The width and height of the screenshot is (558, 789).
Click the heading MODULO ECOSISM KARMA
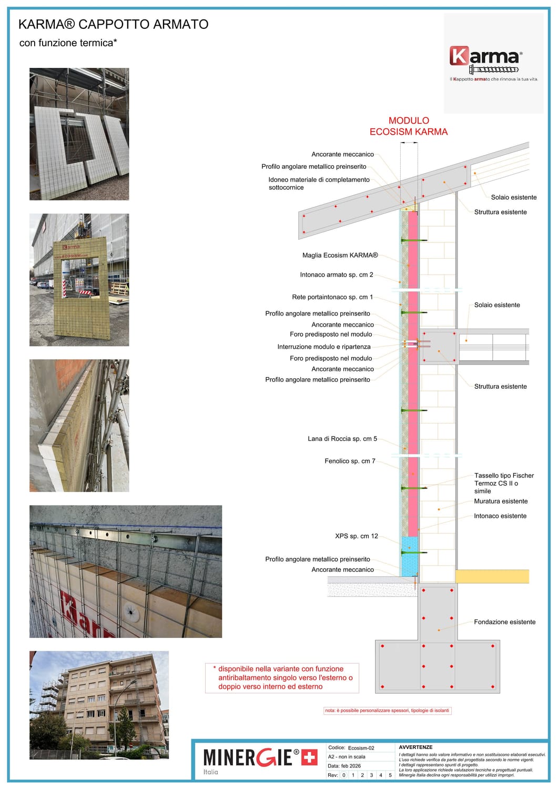coord(409,126)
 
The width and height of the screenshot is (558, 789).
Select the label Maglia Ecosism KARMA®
coord(340,255)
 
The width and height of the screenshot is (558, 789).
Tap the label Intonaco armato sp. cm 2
coord(337,275)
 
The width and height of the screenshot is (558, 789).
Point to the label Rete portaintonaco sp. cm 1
coord(332,297)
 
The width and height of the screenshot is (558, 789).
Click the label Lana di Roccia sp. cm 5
coord(342,439)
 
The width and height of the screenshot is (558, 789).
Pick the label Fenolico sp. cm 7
coord(350,461)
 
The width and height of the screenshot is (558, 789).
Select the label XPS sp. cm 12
coord(357,536)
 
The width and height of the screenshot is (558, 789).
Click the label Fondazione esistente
coord(504,622)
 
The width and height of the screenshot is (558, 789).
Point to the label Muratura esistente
coord(501,501)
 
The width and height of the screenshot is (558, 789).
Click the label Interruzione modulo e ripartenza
coord(324,347)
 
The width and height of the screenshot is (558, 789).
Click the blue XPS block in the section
coord(409,556)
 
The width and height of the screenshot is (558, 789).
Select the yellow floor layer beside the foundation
coord(492,576)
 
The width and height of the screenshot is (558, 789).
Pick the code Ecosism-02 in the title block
coord(361,748)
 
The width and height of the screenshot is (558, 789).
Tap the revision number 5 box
coord(390,775)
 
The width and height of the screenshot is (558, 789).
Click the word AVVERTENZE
coord(415,747)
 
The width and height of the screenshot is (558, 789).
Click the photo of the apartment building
coord(99,705)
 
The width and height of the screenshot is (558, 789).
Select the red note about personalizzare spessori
coord(387,711)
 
